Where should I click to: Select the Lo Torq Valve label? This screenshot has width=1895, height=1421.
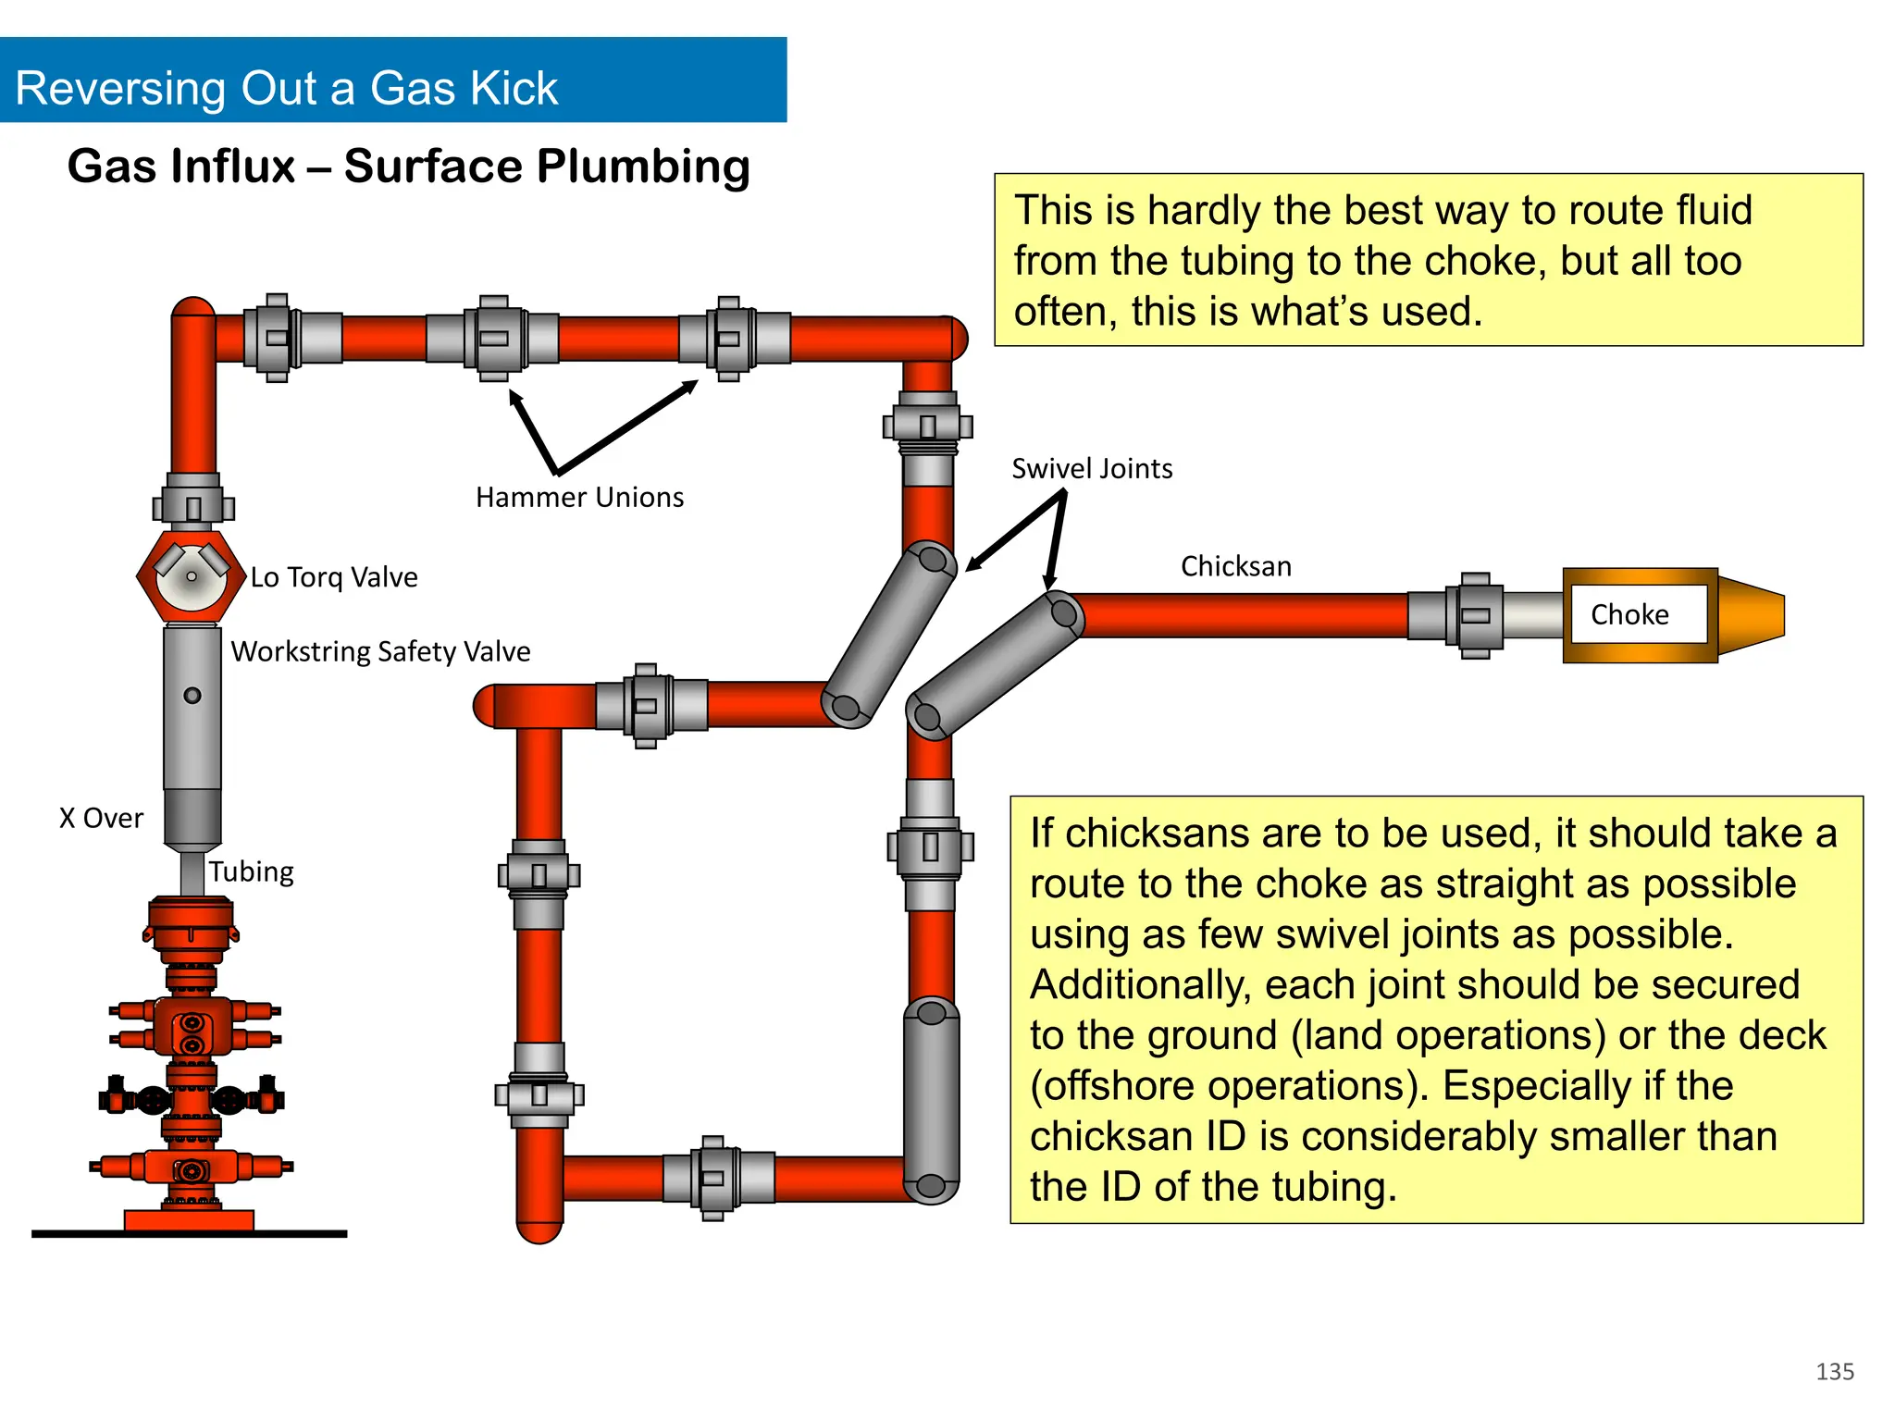pyautogui.click(x=334, y=577)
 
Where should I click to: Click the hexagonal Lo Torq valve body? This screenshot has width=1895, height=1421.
pyautogui.click(x=191, y=577)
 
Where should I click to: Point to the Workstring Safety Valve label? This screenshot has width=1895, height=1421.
pyautogui.click(x=380, y=651)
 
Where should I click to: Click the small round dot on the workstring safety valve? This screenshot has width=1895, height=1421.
pyautogui.click(x=192, y=696)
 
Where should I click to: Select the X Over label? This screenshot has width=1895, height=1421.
pyautogui.click(x=101, y=818)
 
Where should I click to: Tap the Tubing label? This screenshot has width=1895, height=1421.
pyautogui.click(x=251, y=871)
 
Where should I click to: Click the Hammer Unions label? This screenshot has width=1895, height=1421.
pyautogui.click(x=579, y=498)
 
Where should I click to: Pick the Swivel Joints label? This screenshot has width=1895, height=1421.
pyautogui.click(x=1092, y=469)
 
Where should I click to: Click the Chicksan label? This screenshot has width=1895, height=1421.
pyautogui.click(x=1235, y=566)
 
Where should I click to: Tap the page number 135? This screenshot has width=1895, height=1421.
pyautogui.click(x=1834, y=1371)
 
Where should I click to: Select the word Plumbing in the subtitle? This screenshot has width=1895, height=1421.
pyautogui.click(x=643, y=167)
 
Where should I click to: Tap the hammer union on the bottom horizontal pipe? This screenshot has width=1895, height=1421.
pyautogui.click(x=713, y=1178)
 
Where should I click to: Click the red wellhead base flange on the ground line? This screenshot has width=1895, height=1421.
pyautogui.click(x=189, y=1220)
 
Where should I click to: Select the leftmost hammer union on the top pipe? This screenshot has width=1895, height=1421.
pyautogui.click(x=277, y=338)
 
